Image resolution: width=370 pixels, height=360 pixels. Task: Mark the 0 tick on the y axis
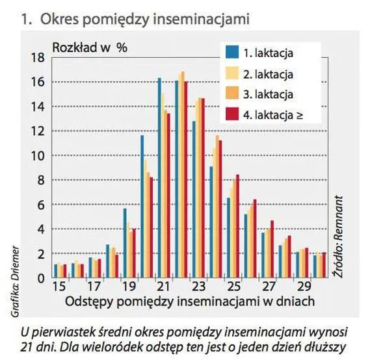40,278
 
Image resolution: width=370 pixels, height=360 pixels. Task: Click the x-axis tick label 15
59,286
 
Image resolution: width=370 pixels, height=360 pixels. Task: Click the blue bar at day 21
159,178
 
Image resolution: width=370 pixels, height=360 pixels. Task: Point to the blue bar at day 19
125,243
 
